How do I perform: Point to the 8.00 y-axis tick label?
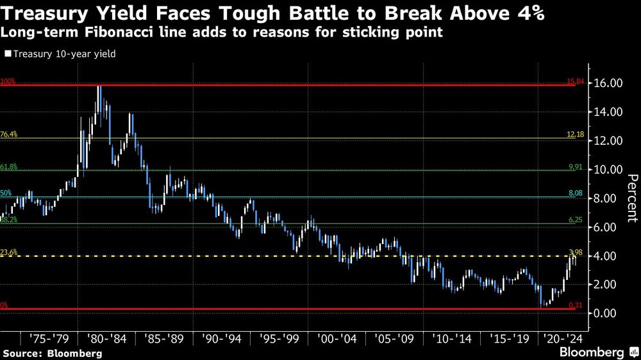pyautogui.click(x=608, y=199)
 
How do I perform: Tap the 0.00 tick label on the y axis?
pyautogui.click(x=608, y=313)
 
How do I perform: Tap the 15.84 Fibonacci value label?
pyautogui.click(x=576, y=82)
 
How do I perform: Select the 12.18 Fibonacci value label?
pyautogui.click(x=576, y=134)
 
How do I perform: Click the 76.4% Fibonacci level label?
pyautogui.click(x=9, y=134)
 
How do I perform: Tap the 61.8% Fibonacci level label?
pyautogui.click(x=9, y=167)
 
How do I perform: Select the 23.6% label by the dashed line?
pyautogui.click(x=9, y=252)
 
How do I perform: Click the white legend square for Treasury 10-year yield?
pyautogui.click(x=8, y=54)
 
